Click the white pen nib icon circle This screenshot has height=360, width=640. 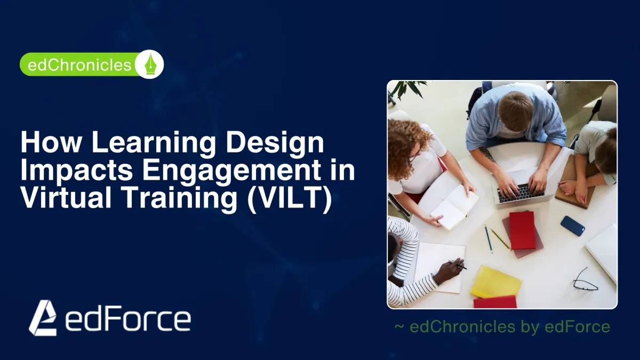149,65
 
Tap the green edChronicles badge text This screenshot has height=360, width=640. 79,65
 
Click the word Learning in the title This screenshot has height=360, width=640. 153,143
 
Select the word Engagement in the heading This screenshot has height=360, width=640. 231,170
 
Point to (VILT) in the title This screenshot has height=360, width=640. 290,198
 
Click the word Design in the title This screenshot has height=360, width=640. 275,143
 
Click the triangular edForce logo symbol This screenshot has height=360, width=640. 43,318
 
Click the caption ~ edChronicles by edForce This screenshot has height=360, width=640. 502,326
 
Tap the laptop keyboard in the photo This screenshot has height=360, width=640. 521,193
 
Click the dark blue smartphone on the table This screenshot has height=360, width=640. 573,226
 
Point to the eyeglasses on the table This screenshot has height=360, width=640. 585,281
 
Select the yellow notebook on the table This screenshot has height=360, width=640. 497,282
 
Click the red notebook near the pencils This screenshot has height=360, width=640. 523,230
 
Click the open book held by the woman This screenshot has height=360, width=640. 454,207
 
